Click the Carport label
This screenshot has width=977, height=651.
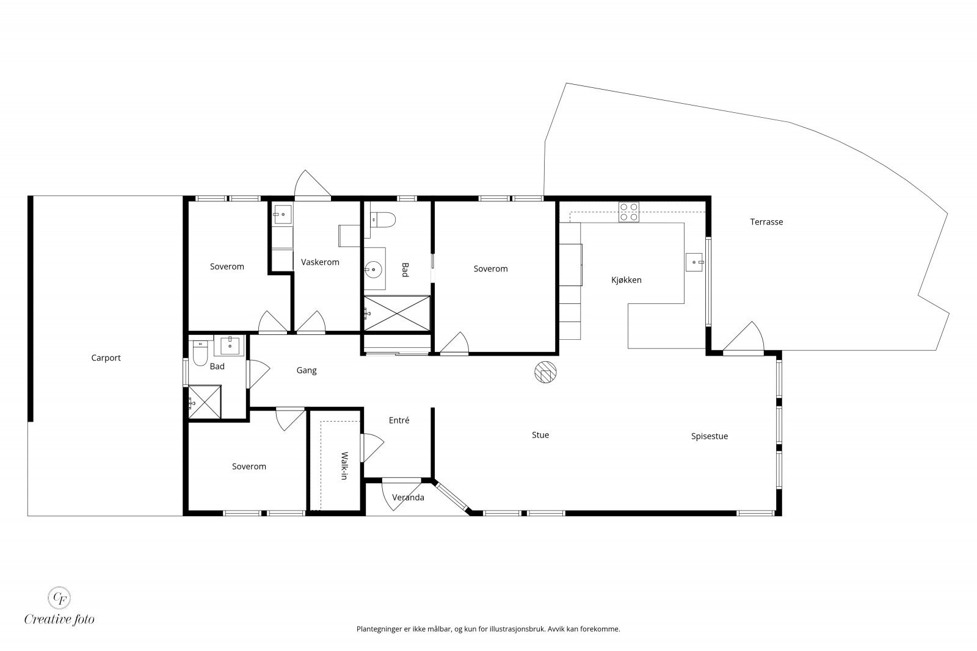106,358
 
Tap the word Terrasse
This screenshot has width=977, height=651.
766,222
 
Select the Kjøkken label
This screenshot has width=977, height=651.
627,280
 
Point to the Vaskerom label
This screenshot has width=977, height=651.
320,262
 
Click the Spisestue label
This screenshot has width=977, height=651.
709,436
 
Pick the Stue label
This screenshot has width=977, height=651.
540,435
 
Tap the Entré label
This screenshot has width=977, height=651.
399,420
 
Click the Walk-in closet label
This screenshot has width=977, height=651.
344,466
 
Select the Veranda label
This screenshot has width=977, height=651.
408,497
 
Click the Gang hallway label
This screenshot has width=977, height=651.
306,370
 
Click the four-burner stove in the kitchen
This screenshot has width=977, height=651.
628,212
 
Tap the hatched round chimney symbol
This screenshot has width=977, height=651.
545,372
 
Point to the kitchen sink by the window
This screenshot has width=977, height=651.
694,262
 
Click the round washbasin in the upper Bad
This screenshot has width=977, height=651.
373,269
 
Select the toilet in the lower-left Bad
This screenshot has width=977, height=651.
200,353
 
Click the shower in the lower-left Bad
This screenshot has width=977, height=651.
205,401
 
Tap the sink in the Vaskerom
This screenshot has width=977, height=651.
283,214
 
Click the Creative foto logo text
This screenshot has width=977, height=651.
59,619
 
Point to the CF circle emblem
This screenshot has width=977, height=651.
59,598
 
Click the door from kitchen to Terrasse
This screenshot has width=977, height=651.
743,337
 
